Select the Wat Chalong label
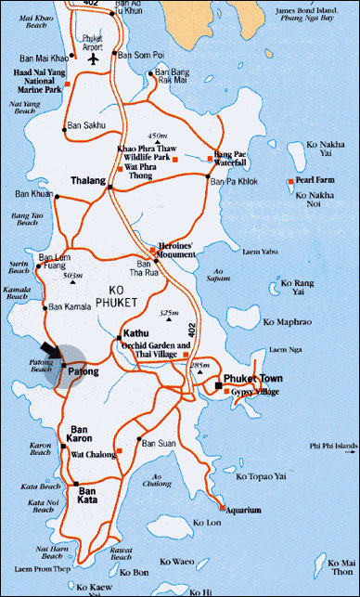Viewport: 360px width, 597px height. click(x=97, y=455)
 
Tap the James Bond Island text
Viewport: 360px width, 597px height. click(x=310, y=9)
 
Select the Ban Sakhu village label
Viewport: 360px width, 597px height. click(x=86, y=122)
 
